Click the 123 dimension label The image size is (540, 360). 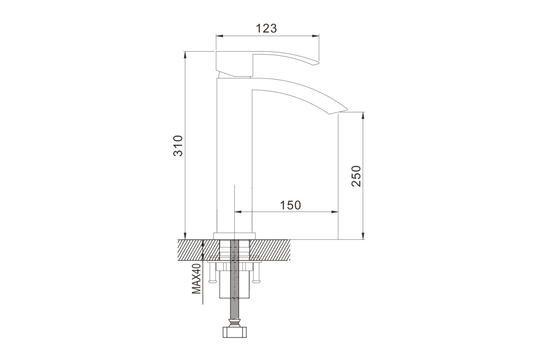pyautogui.click(x=266, y=28)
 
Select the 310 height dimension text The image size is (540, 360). pyautogui.click(x=178, y=146)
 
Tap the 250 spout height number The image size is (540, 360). pyautogui.click(x=356, y=176)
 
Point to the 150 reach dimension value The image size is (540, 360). pyautogui.click(x=290, y=205)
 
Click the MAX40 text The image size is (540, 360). pyautogui.click(x=197, y=279)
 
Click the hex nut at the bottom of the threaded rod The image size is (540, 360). pyautogui.click(x=234, y=332)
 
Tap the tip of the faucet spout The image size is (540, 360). pyautogui.click(x=346, y=110)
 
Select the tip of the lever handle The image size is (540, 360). pyautogui.click(x=318, y=63)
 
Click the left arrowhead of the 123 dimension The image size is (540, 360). pyautogui.click(x=220, y=36)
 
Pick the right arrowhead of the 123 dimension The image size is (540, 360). pyautogui.click(x=315, y=36)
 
